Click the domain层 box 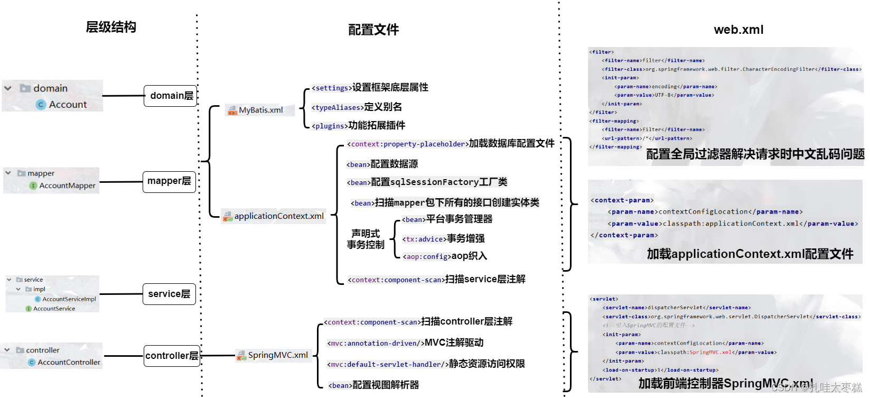tap(171, 96)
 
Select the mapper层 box tap(169, 181)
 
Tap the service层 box tap(169, 294)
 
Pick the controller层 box tap(172, 356)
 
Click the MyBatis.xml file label tap(260, 110)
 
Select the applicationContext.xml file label tap(278, 216)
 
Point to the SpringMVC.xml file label tap(277, 355)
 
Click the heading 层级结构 tap(111, 27)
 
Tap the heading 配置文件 tap(373, 30)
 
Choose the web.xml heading tap(738, 30)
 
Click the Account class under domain tap(68, 105)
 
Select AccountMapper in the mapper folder tap(67, 186)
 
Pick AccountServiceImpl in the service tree tap(69, 299)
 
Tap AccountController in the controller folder tap(69, 362)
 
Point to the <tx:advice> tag tap(425, 239)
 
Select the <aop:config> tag tap(427, 257)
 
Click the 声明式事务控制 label tap(366, 239)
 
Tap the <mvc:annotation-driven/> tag tap(375, 344)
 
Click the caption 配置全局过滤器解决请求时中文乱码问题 tap(755, 154)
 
